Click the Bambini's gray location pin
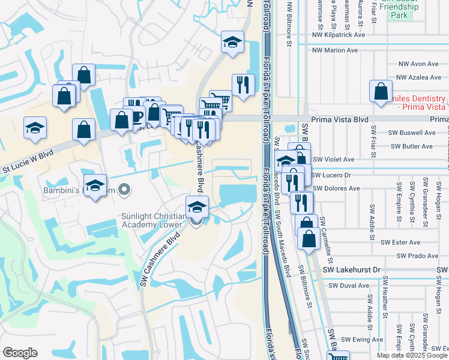124,191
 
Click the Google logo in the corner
20,353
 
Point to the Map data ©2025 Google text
411,355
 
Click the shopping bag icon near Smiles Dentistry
381,92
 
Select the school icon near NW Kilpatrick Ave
232,42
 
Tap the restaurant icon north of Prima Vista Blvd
243,85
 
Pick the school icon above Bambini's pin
95,186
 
